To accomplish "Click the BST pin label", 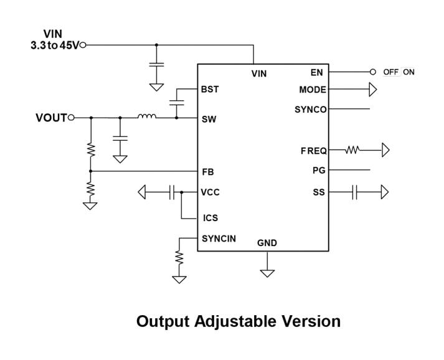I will coord(210,89).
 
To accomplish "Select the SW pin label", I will coord(209,119).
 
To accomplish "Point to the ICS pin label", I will coord(210,219).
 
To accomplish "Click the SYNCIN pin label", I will coord(219,238).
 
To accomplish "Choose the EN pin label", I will coord(318,72).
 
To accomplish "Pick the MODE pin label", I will coord(312,90).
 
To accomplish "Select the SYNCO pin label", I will coord(310,110).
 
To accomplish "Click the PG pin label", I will coord(319,170).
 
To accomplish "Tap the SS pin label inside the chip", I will coord(319,192).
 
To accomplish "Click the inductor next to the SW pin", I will coord(147,116).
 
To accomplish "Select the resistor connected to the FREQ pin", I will coord(353,150).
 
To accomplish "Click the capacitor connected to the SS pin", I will coord(354,192).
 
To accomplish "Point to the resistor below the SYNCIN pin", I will coord(179,257).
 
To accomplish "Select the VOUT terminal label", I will coord(50,118).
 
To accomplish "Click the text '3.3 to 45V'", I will coord(55,45).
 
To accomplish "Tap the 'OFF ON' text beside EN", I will coord(399,72).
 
